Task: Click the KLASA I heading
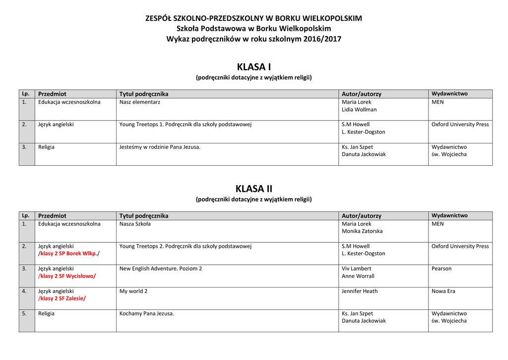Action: click(x=254, y=67)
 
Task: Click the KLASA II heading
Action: click(x=254, y=189)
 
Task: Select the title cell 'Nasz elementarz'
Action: click(x=139, y=102)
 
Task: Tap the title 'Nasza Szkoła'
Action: click(x=135, y=224)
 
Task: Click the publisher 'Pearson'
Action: click(x=442, y=269)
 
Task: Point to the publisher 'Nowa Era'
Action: click(x=443, y=291)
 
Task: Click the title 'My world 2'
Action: click(x=133, y=291)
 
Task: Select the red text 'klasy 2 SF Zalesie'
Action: click(x=62, y=298)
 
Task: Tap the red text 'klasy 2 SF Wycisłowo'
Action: click(x=67, y=276)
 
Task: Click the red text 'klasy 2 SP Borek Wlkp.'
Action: click(x=68, y=254)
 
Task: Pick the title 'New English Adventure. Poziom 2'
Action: click(x=161, y=269)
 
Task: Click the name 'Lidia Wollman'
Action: click(x=359, y=110)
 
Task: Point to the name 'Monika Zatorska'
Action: click(x=362, y=231)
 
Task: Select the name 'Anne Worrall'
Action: click(x=358, y=276)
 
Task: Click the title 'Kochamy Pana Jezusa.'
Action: click(x=147, y=314)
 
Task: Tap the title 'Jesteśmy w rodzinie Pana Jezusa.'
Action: click(x=160, y=147)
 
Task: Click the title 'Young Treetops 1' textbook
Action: click(x=186, y=125)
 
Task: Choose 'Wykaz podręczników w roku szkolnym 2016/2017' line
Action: click(x=254, y=39)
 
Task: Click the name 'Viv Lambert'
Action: click(x=356, y=269)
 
